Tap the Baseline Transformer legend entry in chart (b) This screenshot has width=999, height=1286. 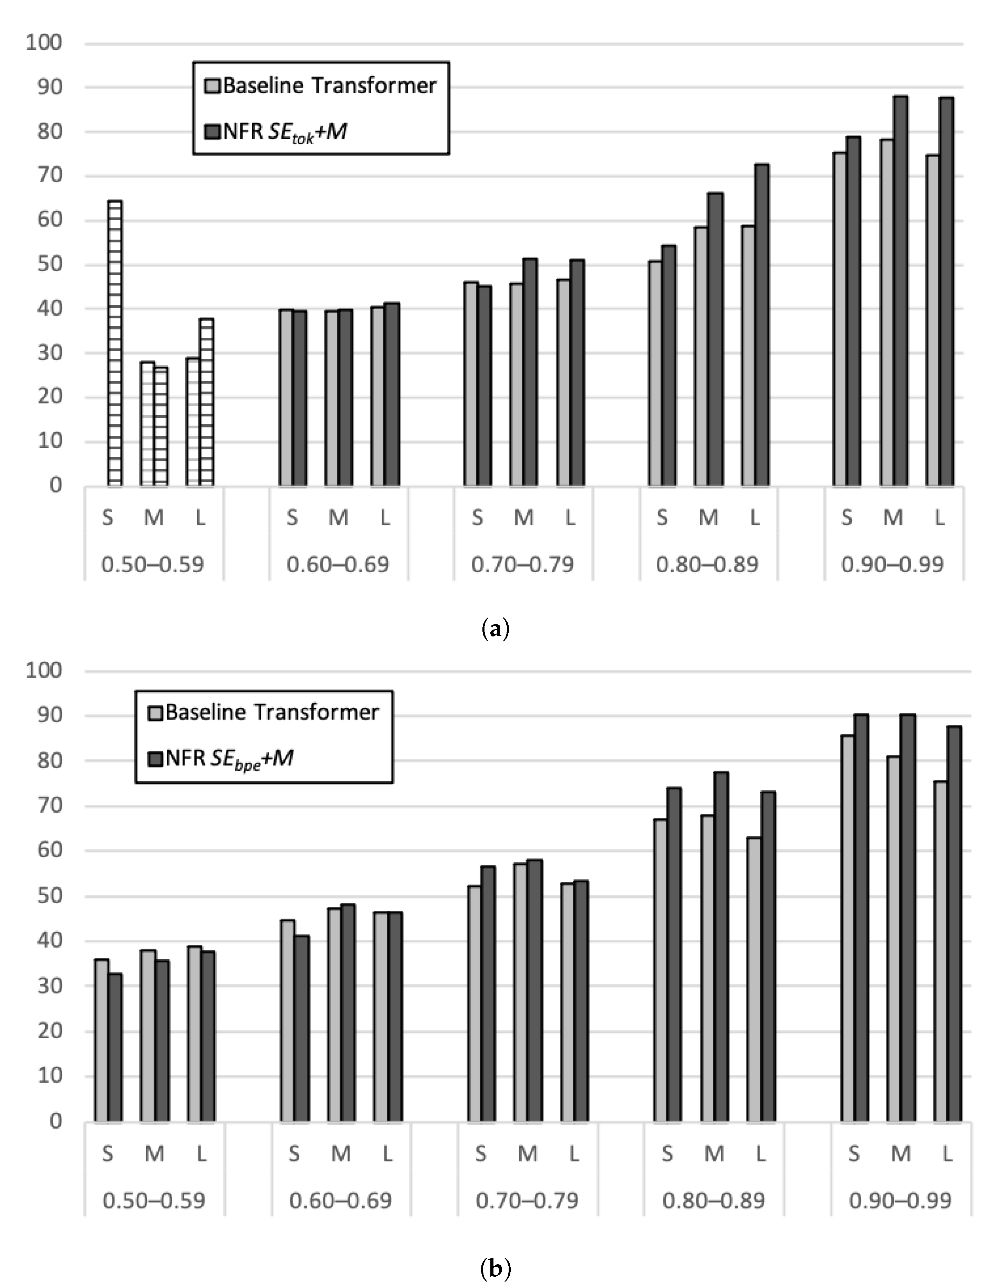264,712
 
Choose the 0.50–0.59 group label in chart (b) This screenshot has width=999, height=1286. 154,1200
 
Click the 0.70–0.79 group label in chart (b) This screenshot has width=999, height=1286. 527,1200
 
